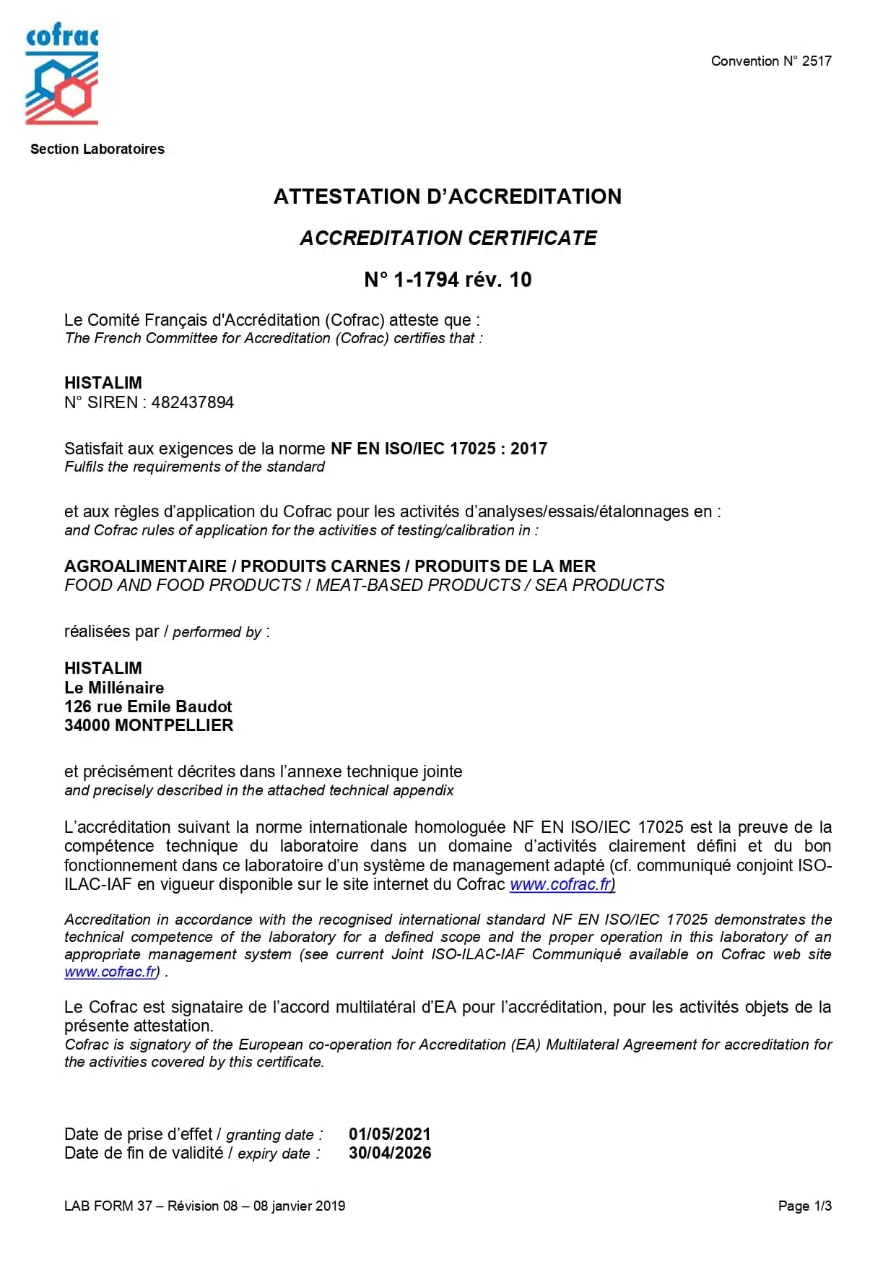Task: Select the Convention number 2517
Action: pos(816,61)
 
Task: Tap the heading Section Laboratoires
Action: pos(97,150)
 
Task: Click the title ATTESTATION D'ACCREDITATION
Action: pos(447,196)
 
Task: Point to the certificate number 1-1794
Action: pos(426,280)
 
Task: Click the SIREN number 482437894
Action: pos(193,403)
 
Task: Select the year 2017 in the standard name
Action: pos(529,449)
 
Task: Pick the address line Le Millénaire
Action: pos(114,688)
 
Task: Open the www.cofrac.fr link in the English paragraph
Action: pos(110,972)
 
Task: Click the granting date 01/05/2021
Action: pos(389,1134)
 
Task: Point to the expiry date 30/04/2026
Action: pos(390,1153)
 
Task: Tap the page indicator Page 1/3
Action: pos(804,1206)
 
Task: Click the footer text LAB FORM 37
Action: pos(108,1206)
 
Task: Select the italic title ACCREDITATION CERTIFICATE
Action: pos(448,238)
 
